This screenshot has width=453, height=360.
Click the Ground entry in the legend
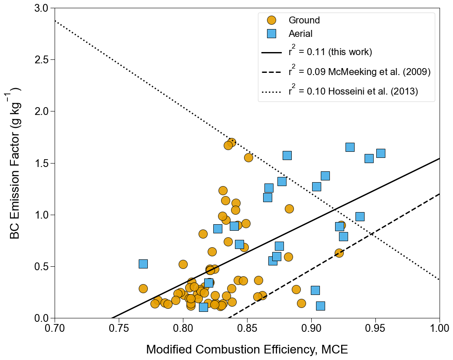304,20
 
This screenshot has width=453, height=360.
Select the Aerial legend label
300,33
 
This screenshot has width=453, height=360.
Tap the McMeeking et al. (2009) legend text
359,72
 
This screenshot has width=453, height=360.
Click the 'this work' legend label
330,52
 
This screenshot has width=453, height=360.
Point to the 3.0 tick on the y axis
41,8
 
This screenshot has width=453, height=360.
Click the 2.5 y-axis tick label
41,60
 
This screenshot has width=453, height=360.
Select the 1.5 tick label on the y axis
41,163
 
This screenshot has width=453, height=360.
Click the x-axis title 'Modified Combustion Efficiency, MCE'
247,350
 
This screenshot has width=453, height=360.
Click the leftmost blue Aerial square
143,264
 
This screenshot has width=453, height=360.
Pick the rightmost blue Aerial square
381,153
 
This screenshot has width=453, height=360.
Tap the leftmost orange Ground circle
143,288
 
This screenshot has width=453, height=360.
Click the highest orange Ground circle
231,142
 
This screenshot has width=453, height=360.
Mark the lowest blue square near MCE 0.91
320,306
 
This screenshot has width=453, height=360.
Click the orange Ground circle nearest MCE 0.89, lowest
301,303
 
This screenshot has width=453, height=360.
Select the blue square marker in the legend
272,33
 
